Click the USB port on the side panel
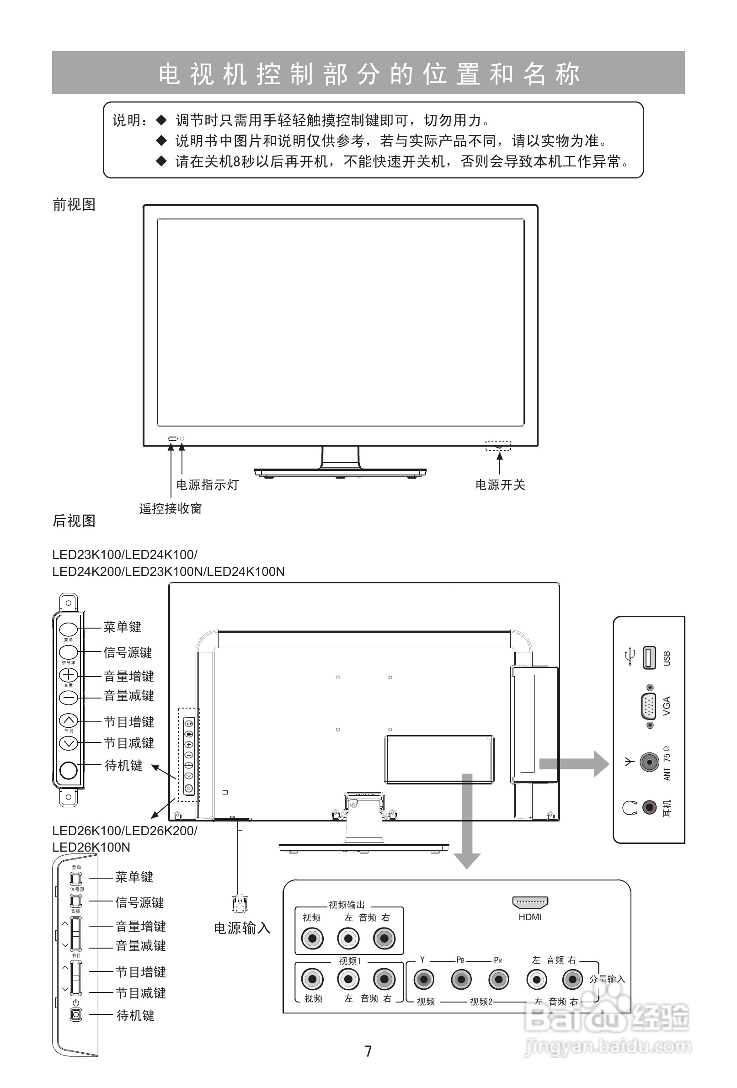649,657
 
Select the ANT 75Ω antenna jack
649,762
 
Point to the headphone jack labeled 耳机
649,807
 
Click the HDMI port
530,902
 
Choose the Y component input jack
424,979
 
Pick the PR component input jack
498,979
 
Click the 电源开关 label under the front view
500,485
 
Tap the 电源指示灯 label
208,485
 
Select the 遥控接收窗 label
171,508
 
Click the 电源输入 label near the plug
242,928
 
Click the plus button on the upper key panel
69,675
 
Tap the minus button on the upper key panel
69,698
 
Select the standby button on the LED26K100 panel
76,1014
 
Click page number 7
368,1051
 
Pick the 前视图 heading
74,205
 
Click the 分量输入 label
607,979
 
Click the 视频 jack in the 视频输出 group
312,938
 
